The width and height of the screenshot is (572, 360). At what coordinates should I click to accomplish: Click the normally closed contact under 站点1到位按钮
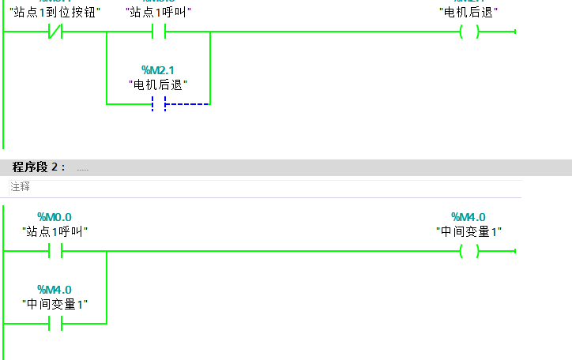[x=55, y=32]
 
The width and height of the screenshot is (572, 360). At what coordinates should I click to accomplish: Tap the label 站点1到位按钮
[x=55, y=13]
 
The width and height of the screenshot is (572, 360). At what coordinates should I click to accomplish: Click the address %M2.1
[x=158, y=71]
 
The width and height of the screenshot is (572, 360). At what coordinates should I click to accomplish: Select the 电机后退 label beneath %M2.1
[x=158, y=84]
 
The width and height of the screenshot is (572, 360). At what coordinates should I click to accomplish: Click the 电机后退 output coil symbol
[x=469, y=32]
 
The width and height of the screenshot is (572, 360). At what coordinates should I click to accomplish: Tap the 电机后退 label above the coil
[x=469, y=13]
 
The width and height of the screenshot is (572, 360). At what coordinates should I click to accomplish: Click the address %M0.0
[x=55, y=217]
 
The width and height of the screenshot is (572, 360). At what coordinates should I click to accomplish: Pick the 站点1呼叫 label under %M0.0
[x=55, y=231]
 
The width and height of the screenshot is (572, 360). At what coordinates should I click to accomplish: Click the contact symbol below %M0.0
[x=55, y=251]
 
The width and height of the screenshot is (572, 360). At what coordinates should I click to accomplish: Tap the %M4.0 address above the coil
[x=469, y=217]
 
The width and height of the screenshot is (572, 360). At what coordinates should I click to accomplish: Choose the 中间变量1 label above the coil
[x=469, y=231]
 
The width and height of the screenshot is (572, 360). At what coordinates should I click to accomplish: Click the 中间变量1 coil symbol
[x=469, y=251]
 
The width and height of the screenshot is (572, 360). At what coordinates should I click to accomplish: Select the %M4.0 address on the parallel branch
[x=55, y=290]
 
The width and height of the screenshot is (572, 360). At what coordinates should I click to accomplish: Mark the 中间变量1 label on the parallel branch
[x=55, y=304]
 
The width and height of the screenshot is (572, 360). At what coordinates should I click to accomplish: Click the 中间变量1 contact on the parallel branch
[x=55, y=324]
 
